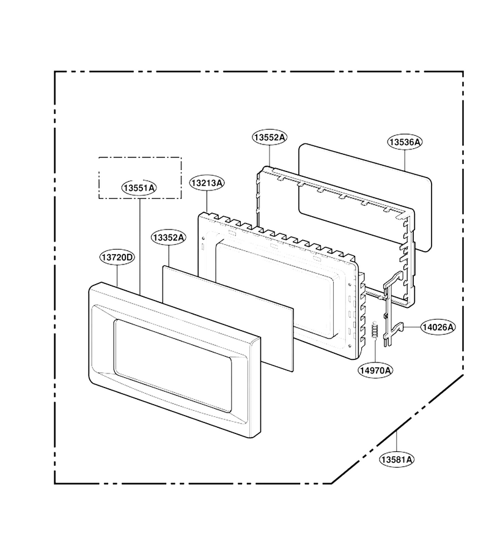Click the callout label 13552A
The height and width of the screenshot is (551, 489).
[270, 137]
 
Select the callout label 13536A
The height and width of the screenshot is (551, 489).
[405, 142]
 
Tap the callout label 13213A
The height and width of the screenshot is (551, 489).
[207, 182]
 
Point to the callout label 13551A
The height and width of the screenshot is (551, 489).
[139, 188]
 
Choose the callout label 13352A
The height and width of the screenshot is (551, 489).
[169, 238]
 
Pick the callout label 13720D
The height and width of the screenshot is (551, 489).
[117, 257]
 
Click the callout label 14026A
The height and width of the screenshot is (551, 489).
[438, 327]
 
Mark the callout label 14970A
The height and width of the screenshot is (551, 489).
[375, 370]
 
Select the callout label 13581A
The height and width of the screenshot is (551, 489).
[397, 460]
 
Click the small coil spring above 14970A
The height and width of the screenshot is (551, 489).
[375, 330]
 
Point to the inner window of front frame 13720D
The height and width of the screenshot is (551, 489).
[172, 365]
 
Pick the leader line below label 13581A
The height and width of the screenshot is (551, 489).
[397, 441]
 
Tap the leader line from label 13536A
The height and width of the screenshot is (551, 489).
[405, 160]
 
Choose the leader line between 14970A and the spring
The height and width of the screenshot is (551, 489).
[375, 351]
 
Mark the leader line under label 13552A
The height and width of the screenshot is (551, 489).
[270, 156]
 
